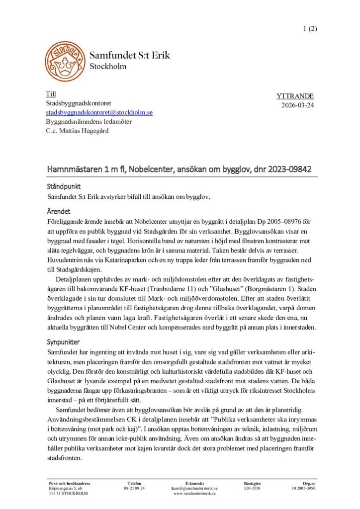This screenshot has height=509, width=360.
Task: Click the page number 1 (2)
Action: (x=309, y=28)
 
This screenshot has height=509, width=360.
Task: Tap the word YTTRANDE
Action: (x=295, y=96)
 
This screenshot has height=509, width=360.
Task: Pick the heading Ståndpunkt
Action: (x=63, y=186)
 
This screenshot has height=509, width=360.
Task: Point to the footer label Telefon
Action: (x=134, y=483)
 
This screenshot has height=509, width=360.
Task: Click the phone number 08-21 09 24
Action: (x=134, y=488)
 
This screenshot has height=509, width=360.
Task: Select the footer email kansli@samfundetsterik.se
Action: (x=194, y=488)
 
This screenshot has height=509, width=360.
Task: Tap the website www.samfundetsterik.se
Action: (x=194, y=493)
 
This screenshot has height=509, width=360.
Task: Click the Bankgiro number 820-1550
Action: (x=252, y=488)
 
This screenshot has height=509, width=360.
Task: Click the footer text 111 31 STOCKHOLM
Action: (x=68, y=493)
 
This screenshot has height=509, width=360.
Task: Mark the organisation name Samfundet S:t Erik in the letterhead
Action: (x=130, y=55)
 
